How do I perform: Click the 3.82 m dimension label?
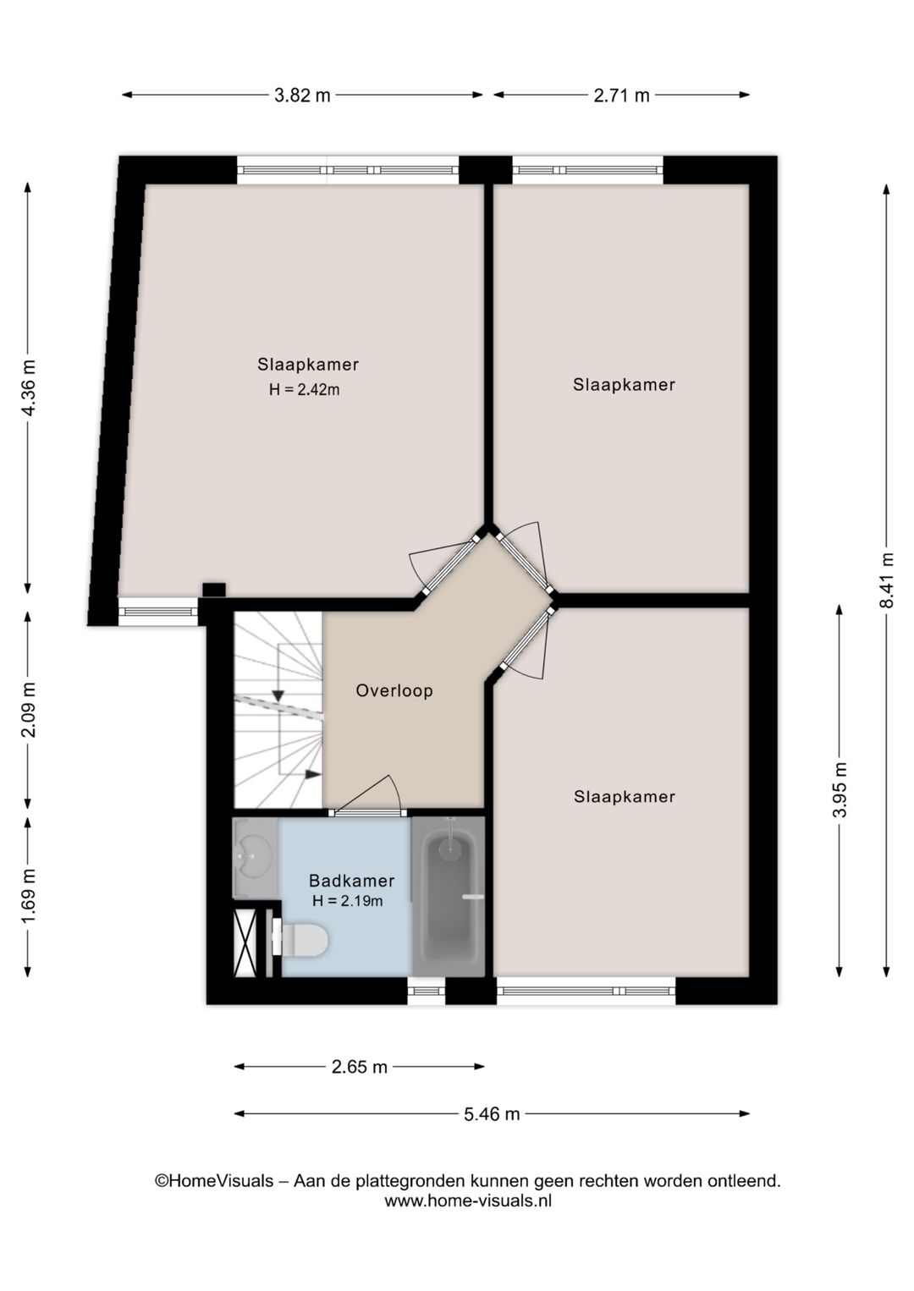point(302,95)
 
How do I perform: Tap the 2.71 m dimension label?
point(621,95)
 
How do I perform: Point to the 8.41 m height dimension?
point(886,580)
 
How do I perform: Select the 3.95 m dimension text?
point(840,789)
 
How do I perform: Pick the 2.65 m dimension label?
point(360,1067)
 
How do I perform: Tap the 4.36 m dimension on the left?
point(28,387)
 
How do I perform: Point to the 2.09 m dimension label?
point(28,710)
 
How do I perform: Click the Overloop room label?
point(394,690)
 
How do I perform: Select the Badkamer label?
point(352,881)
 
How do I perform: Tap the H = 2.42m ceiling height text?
point(305,390)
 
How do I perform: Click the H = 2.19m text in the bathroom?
point(348,901)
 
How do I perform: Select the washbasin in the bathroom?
point(255,858)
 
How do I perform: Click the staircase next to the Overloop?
point(278,710)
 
